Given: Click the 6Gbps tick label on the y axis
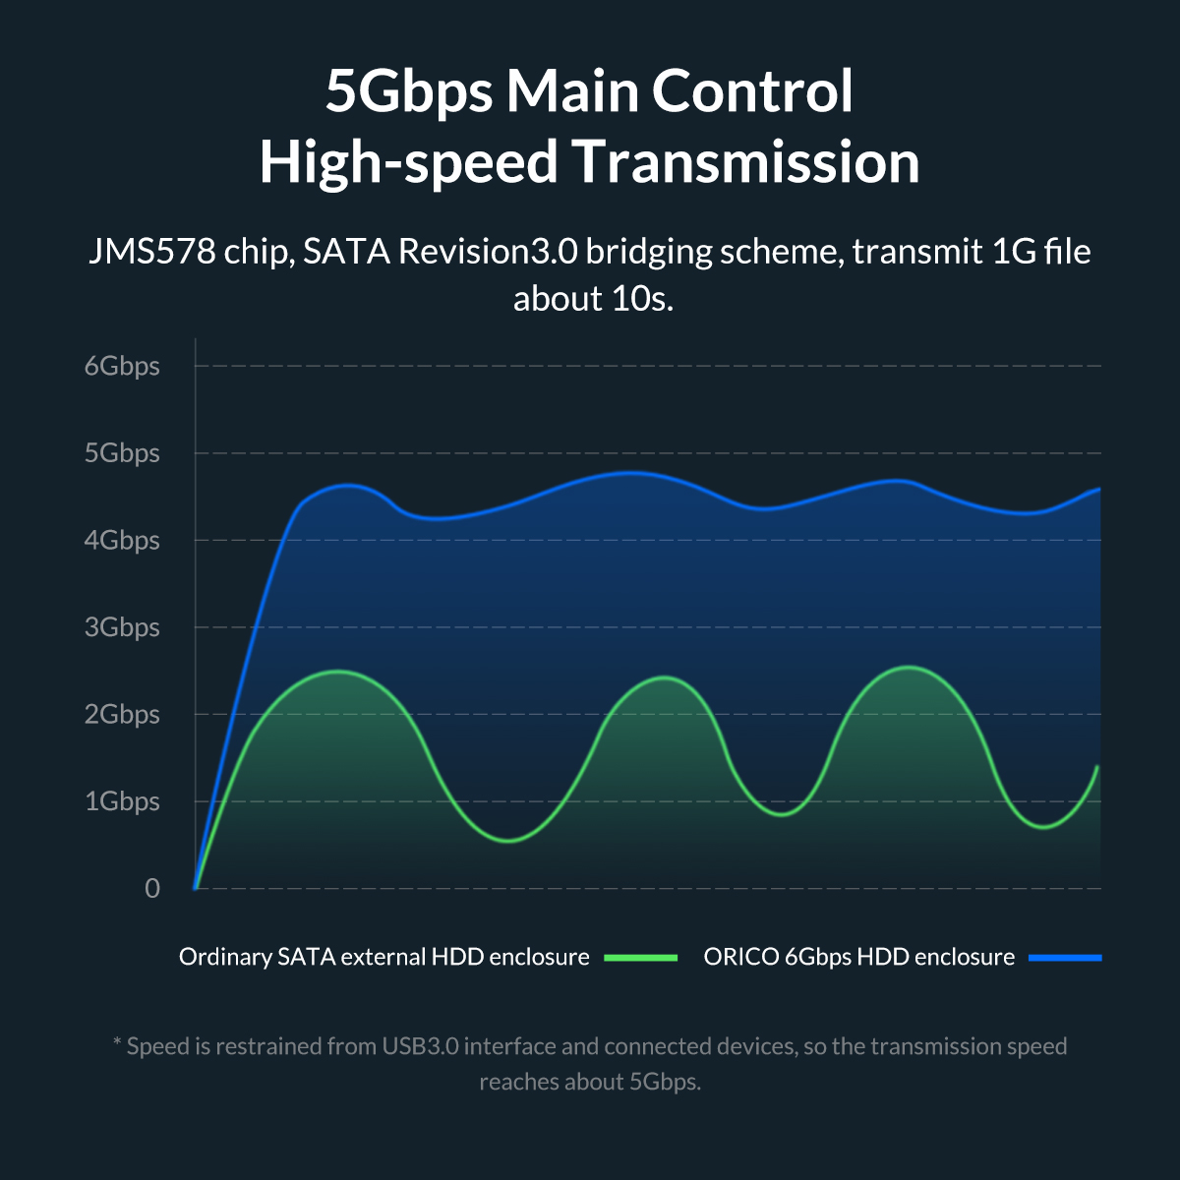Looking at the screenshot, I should click(122, 366).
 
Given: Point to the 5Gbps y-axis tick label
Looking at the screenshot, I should click(122, 453).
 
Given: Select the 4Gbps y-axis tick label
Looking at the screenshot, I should click(122, 540).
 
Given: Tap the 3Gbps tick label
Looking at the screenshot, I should click(122, 627).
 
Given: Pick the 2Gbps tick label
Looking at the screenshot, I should click(122, 714).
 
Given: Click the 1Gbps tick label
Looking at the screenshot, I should click(122, 801).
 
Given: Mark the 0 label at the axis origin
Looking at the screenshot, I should click(152, 889).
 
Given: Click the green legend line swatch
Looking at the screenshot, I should click(641, 957).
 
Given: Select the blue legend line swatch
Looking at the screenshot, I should click(1065, 957).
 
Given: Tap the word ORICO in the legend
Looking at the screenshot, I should click(740, 957).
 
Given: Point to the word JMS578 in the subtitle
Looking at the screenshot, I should click(151, 252).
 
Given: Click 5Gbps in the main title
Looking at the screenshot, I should click(408, 90).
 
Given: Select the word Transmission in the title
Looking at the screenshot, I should click(746, 162).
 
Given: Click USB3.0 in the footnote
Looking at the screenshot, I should click(420, 1046).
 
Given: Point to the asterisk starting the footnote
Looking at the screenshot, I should click(117, 1043).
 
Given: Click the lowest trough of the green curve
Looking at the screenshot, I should click(507, 841).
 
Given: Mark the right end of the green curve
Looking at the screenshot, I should click(1097, 766).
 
